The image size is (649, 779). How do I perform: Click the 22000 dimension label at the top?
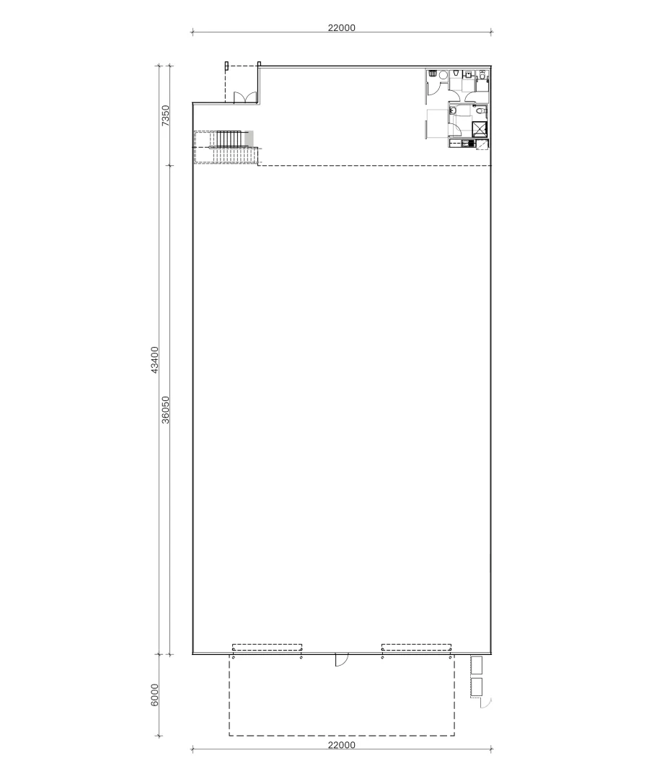coord(341,28)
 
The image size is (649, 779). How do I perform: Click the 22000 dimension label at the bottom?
coord(341,745)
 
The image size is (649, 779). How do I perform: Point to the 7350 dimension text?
coord(165,116)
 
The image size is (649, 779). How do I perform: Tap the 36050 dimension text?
coord(165,410)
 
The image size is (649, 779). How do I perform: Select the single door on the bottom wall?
coord(342,659)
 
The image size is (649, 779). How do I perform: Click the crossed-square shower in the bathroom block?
coord(479,129)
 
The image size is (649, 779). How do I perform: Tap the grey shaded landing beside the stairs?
coord(250,138)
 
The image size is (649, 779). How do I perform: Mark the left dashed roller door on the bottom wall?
coord(267,647)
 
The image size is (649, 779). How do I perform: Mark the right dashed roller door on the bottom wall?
coord(416,647)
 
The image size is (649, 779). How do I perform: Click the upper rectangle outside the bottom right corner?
coord(476,664)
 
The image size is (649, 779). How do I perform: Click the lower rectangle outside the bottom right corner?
coord(476,687)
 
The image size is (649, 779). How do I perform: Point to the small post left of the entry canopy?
coord(226,66)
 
